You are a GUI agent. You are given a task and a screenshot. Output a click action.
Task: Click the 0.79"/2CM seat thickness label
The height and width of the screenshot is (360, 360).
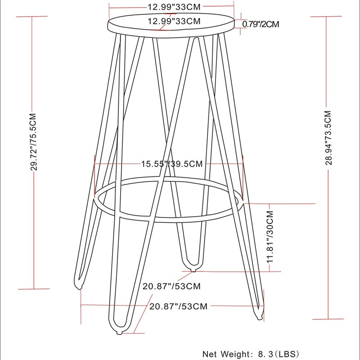[x=261, y=24]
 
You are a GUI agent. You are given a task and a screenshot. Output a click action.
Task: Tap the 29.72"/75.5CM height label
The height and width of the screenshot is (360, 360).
[x=34, y=142]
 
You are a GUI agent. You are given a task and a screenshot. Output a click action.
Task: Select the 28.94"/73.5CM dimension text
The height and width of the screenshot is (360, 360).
[x=328, y=138]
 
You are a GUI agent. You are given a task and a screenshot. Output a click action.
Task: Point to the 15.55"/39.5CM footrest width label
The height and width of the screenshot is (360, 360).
[x=172, y=164]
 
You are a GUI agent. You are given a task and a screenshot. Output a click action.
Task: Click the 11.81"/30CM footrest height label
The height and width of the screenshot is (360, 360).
[x=270, y=237]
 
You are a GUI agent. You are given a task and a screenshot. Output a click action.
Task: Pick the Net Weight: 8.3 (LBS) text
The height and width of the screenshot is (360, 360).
[x=251, y=354]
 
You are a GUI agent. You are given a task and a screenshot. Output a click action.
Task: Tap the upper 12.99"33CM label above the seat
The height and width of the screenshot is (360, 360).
[x=174, y=7]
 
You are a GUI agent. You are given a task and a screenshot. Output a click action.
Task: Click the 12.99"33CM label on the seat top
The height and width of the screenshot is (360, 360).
[x=174, y=21]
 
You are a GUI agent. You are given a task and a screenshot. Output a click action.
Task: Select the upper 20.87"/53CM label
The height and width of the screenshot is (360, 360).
[x=171, y=286]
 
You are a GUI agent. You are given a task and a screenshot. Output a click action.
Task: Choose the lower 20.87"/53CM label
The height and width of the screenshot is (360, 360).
[x=178, y=306]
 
